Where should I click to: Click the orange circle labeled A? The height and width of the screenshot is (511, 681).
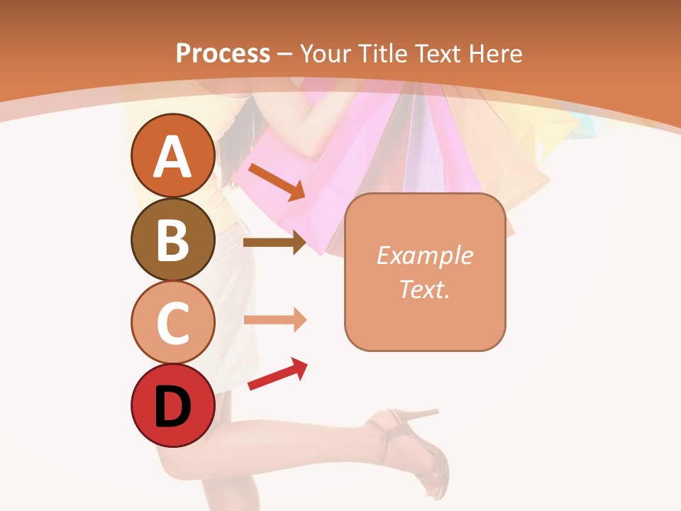click(172, 155)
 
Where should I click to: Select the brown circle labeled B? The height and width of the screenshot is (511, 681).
click(172, 239)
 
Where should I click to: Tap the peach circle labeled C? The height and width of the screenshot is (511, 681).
click(172, 322)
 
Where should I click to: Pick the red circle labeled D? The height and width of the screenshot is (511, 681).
click(172, 406)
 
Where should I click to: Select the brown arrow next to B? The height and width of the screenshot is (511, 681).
click(275, 242)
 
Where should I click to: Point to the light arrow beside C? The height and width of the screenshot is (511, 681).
click(275, 319)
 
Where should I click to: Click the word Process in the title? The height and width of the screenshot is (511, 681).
click(223, 53)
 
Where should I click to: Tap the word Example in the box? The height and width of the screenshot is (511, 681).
click(424, 255)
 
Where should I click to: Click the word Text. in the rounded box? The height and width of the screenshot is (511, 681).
click(424, 289)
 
